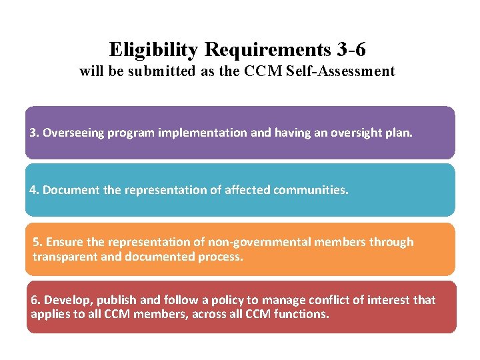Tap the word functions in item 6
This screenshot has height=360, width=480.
303,313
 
